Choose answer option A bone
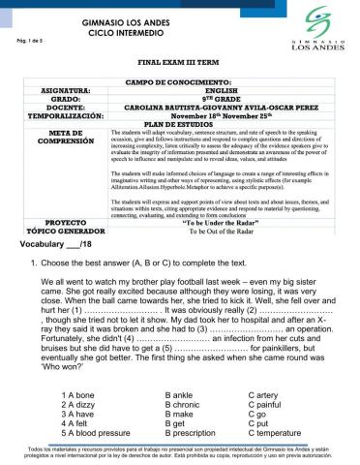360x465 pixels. click(77, 395)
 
